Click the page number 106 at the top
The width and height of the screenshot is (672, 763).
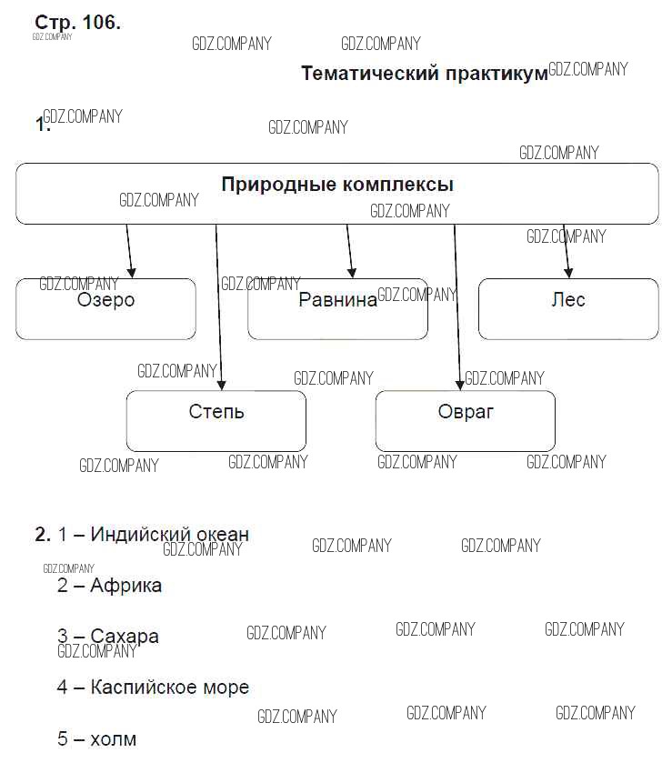(x=100, y=23)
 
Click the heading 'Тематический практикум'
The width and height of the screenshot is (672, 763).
(x=424, y=74)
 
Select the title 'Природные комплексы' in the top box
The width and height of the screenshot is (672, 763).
(x=337, y=186)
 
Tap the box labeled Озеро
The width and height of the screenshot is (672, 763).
(x=105, y=309)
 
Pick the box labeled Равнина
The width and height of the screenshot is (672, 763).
(x=337, y=309)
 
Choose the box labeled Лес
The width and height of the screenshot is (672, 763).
(x=568, y=309)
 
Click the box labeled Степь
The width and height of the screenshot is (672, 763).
(x=216, y=421)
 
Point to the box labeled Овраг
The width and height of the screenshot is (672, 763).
(x=466, y=421)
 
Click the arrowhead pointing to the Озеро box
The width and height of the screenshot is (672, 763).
(x=132, y=272)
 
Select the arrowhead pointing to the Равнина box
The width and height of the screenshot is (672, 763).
(x=352, y=272)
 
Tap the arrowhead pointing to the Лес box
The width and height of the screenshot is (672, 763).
(x=569, y=272)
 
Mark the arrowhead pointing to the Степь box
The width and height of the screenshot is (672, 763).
(x=221, y=385)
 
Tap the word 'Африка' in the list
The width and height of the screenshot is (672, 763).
(x=125, y=586)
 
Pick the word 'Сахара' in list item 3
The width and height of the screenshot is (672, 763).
(x=125, y=637)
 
